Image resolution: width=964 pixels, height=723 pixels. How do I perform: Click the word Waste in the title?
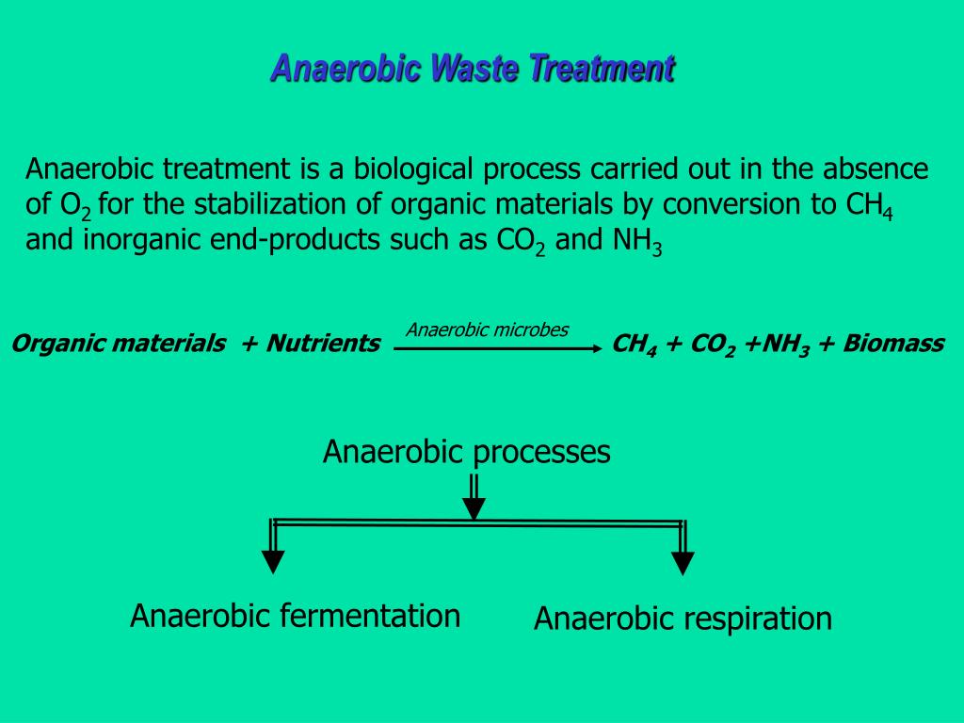click(475, 69)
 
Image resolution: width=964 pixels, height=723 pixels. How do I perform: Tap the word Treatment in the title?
click(602, 69)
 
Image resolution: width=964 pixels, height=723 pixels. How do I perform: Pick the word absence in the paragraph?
click(876, 169)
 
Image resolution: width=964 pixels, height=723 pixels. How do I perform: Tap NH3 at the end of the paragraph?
click(638, 242)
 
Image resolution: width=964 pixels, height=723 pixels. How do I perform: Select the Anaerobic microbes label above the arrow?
click(488, 329)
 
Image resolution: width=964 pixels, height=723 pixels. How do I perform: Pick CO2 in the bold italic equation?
click(713, 345)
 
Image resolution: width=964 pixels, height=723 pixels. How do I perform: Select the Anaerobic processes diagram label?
click(466, 452)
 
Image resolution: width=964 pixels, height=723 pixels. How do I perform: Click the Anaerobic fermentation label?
click(295, 616)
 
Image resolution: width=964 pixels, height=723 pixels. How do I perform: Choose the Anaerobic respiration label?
click(683, 619)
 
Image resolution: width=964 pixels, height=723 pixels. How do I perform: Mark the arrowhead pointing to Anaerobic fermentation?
click(273, 563)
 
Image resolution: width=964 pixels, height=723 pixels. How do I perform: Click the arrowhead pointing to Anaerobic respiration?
click(683, 564)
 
